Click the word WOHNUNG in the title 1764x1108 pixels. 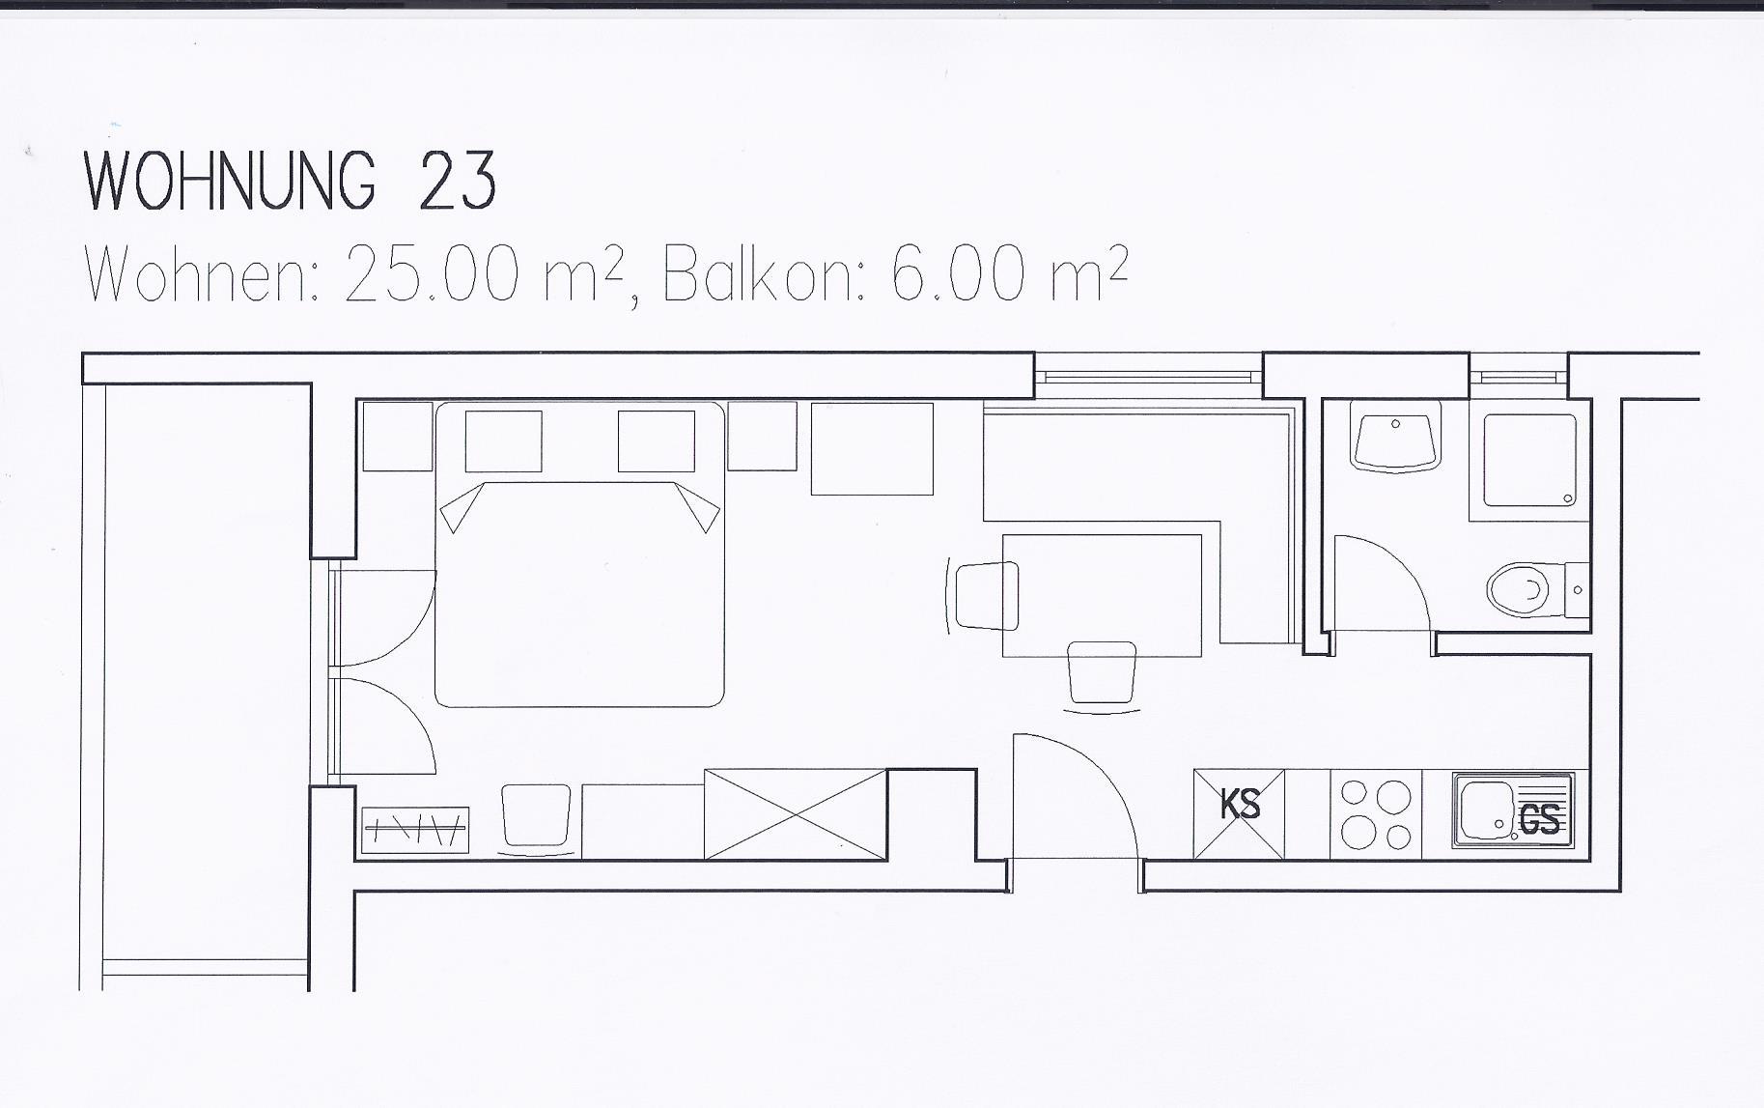tap(230, 181)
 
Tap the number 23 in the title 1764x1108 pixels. tap(458, 181)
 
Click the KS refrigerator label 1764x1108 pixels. tap(1240, 804)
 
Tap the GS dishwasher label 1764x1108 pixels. tap(1539, 819)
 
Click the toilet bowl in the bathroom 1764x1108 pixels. tap(1519, 589)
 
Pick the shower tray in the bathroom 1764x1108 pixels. tap(1529, 460)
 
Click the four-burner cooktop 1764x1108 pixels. tap(1376, 813)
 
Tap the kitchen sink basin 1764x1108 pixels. tap(1487, 810)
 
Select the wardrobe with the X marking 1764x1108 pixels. tap(796, 813)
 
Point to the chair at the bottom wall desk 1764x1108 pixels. tap(536, 820)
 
